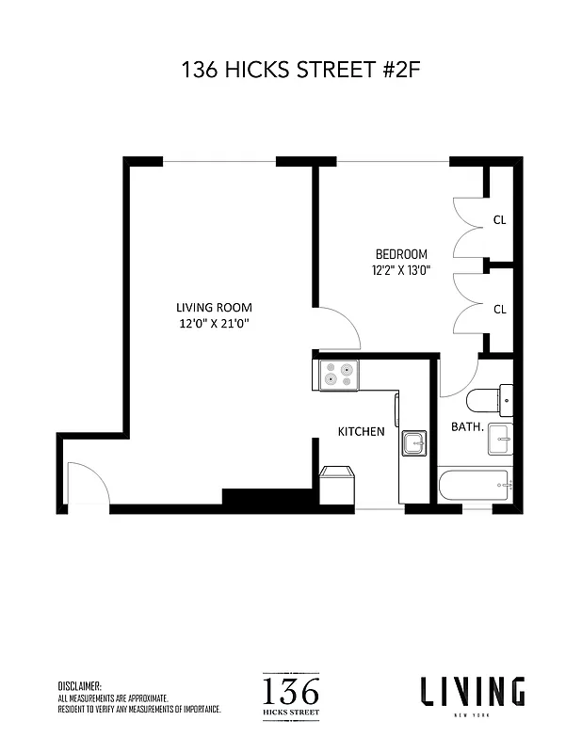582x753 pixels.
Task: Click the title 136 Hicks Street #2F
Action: click(290, 69)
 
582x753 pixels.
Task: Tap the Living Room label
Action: click(214, 308)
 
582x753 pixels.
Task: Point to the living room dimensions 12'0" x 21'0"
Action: click(214, 324)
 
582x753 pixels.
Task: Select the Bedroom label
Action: click(401, 254)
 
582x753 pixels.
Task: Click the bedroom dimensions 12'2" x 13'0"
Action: click(401, 270)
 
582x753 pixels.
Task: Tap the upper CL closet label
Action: click(499, 220)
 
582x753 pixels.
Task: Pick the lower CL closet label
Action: click(499, 308)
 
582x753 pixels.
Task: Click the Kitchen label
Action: click(362, 431)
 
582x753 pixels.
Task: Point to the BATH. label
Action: click(467, 426)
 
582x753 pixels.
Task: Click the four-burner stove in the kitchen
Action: click(339, 375)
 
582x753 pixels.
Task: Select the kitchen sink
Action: click(414, 442)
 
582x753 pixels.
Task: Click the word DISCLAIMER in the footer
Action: click(79, 687)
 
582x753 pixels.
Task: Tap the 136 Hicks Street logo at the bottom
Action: click(290, 696)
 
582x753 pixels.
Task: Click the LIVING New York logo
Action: click(472, 695)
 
